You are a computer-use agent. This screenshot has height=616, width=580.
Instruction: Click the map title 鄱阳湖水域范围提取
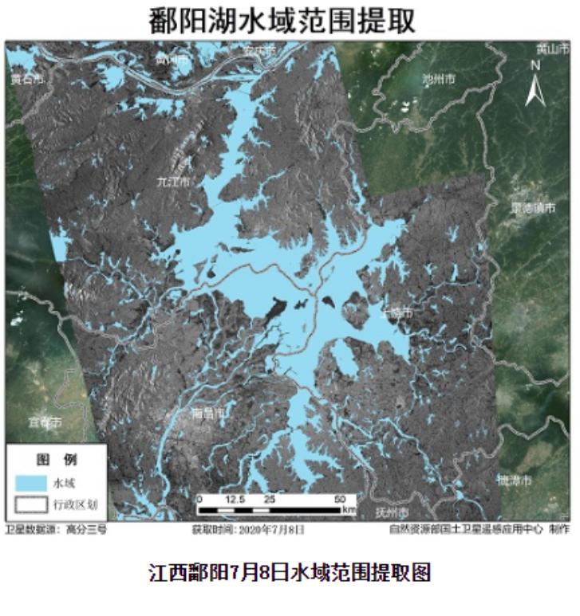pos(282,20)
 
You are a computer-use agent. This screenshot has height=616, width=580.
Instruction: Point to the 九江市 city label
pos(174,182)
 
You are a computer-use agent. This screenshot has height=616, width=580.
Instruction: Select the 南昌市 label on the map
pos(209,414)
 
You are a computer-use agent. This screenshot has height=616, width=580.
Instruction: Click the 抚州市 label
pos(392,512)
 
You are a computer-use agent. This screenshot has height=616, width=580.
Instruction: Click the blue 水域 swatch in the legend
pos(31,482)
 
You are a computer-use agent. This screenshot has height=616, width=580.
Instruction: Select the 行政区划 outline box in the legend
pos(31,504)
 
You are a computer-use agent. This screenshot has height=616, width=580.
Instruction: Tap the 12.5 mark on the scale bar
pos(235,499)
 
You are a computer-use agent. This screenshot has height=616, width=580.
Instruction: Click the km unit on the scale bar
pos(349,510)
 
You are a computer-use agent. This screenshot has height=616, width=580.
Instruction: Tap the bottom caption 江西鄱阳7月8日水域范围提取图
pos(290,571)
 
